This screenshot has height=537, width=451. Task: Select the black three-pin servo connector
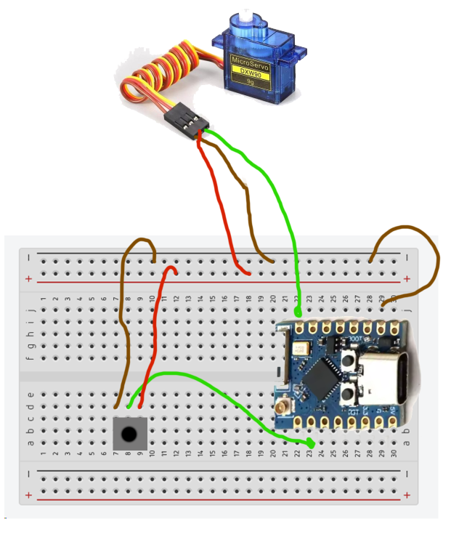tap(187, 121)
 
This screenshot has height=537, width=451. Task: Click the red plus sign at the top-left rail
tap(29, 279)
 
